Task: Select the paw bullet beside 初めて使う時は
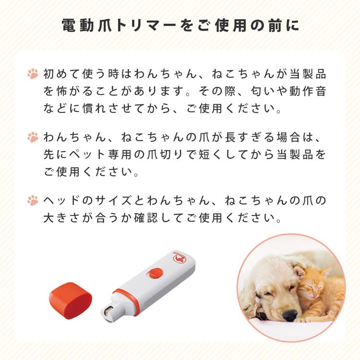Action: [33, 74]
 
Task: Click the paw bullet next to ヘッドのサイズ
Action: [33, 201]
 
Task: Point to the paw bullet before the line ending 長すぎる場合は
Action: [33, 137]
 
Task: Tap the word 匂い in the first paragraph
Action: [264, 91]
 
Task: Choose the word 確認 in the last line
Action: [146, 217]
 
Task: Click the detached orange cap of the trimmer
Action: [71, 300]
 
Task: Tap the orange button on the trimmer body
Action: [155, 273]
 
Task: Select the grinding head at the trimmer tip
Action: [110, 312]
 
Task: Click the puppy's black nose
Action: [289, 315]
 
